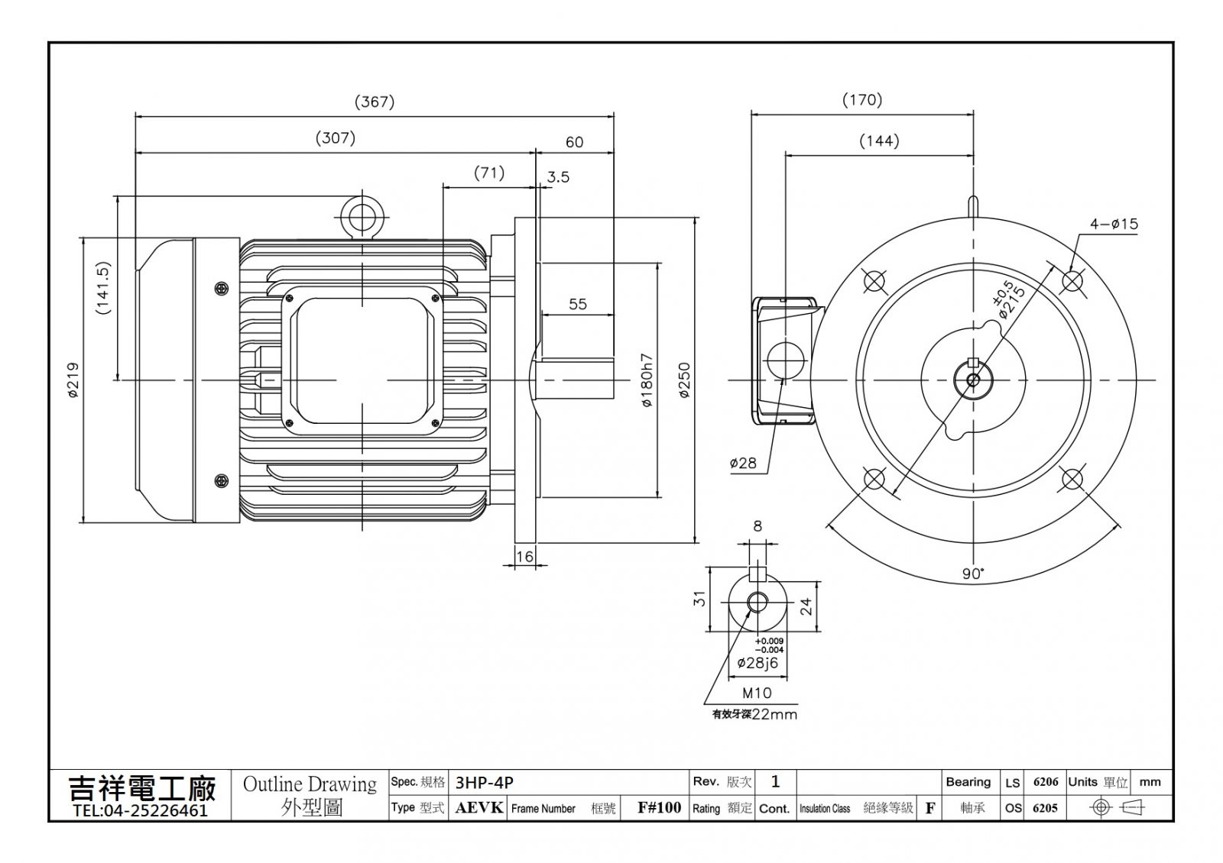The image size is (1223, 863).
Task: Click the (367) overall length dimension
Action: (375, 102)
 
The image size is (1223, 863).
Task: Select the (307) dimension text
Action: (336, 137)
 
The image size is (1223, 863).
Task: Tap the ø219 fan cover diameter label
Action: (73, 380)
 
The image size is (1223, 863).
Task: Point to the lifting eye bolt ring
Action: (362, 217)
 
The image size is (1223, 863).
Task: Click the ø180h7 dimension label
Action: (647, 380)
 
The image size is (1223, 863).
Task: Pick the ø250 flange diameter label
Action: (685, 380)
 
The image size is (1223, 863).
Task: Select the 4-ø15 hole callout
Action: (1114, 224)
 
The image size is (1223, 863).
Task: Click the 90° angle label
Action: (973, 574)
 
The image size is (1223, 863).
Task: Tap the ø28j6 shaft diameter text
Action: (757, 663)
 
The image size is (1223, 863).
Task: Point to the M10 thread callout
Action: (757, 693)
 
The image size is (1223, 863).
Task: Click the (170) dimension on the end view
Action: (862, 100)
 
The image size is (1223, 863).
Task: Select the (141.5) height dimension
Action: (103, 288)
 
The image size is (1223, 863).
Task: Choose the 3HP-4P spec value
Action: (485, 783)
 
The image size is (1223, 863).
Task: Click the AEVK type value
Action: (478, 807)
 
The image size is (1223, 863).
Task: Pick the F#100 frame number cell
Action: (660, 807)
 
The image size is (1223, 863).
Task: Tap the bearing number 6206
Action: (1046, 782)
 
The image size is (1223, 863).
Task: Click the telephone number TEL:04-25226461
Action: (141, 810)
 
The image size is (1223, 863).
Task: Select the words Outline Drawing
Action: (310, 784)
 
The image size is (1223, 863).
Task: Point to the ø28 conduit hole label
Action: (743, 463)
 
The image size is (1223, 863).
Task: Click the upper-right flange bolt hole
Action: (1072, 281)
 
